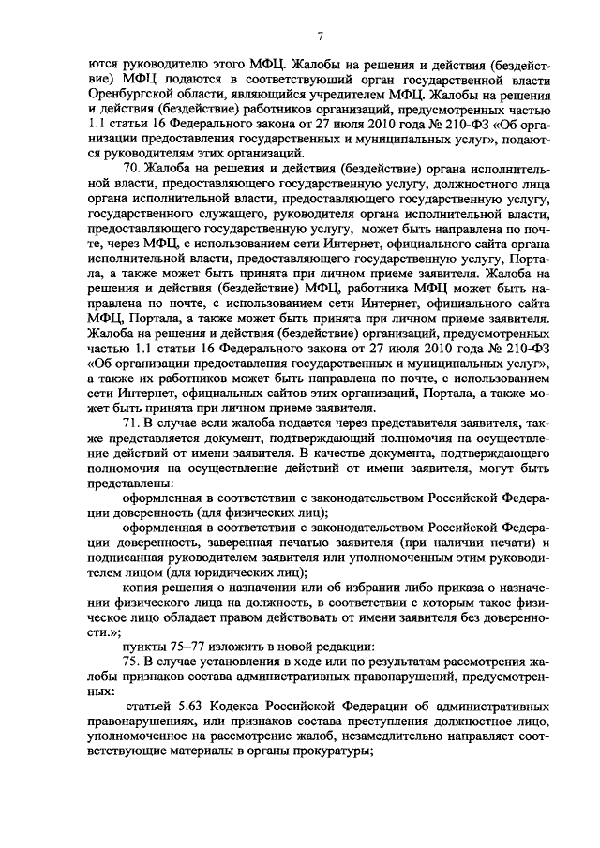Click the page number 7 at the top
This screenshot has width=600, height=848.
pyautogui.click(x=321, y=37)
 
